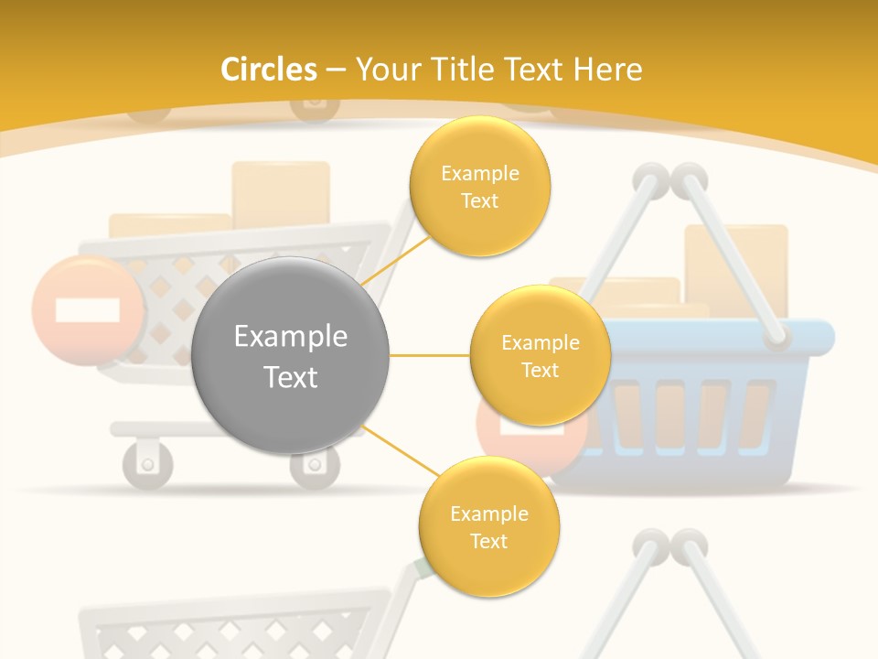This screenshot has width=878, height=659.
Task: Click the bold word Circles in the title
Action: tap(268, 70)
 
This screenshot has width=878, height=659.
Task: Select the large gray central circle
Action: tap(291, 355)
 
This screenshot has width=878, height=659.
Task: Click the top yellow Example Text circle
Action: tap(480, 186)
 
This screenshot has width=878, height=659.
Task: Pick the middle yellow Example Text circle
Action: tap(540, 355)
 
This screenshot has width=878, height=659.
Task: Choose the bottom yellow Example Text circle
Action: tap(488, 526)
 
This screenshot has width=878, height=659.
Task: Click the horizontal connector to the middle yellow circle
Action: tap(430, 355)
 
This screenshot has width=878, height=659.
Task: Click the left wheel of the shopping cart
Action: tap(147, 463)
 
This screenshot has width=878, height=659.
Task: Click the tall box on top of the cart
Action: tap(281, 194)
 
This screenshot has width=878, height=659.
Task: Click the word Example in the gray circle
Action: tap(291, 337)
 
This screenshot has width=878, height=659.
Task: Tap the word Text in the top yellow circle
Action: tap(480, 200)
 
